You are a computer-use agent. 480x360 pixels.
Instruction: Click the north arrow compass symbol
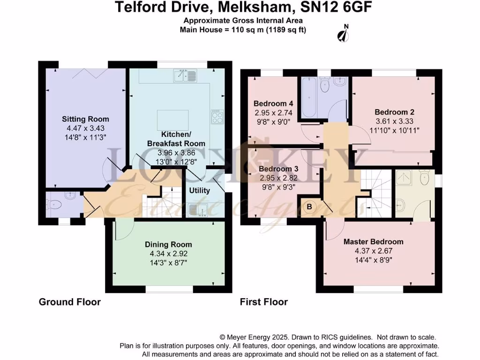(x=345, y=34)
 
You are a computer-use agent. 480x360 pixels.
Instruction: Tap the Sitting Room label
(x=85, y=119)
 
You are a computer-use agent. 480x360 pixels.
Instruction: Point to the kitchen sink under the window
(x=185, y=75)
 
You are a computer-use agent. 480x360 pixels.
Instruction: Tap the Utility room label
(x=200, y=191)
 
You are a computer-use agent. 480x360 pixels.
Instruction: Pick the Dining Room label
(x=168, y=244)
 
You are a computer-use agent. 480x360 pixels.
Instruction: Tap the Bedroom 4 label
(x=273, y=104)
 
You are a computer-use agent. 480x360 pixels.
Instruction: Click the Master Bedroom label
(x=373, y=241)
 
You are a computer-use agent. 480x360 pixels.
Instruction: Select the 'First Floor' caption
(x=263, y=302)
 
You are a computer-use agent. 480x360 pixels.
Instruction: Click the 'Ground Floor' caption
(x=69, y=302)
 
